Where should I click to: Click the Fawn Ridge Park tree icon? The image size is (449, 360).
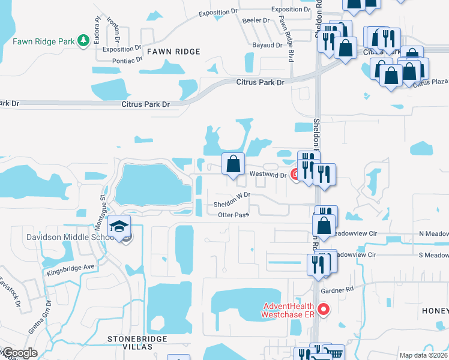click(x=83, y=41)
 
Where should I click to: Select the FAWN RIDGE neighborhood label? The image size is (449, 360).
click(x=169, y=52)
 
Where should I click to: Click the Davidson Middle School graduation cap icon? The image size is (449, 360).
click(x=118, y=227)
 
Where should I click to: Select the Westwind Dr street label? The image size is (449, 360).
click(x=268, y=175)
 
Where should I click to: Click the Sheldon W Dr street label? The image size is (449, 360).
click(x=232, y=204)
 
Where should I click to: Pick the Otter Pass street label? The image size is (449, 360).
click(x=233, y=215)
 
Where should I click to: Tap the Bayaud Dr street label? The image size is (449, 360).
click(x=267, y=45)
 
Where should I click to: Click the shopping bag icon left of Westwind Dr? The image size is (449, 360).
click(x=233, y=164)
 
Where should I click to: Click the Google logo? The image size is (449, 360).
click(x=19, y=353)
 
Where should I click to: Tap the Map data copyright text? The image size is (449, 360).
click(x=423, y=355)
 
